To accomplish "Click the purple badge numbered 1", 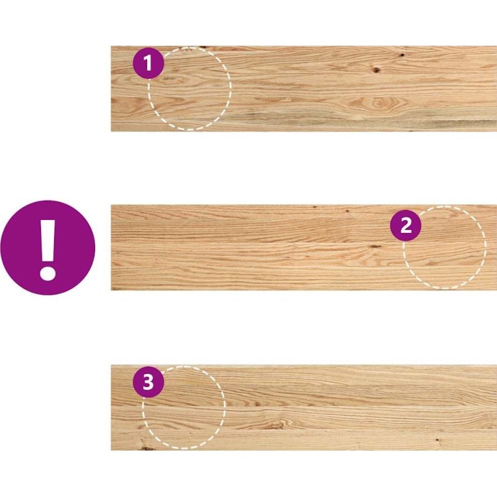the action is pyautogui.click(x=148, y=63).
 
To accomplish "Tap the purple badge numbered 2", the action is pyautogui.click(x=406, y=226).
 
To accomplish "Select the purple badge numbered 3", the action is pyautogui.click(x=148, y=381).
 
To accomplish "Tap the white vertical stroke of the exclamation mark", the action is pyautogui.click(x=48, y=240).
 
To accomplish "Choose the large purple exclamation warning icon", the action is pyautogui.click(x=48, y=247).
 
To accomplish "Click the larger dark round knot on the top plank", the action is pyautogui.click(x=376, y=70).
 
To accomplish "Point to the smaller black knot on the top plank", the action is pyautogui.click(x=401, y=55).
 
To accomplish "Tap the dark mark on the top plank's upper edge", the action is pyautogui.click(x=203, y=48).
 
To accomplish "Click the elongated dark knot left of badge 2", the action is pyautogui.click(x=376, y=246).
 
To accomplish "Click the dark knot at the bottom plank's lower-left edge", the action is pyautogui.click(x=147, y=448).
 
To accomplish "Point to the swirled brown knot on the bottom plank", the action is pyautogui.click(x=276, y=425).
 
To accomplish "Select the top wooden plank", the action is pyautogui.click(x=304, y=89).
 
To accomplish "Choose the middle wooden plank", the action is pyautogui.click(x=304, y=247).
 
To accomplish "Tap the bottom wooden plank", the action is pyautogui.click(x=304, y=408).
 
